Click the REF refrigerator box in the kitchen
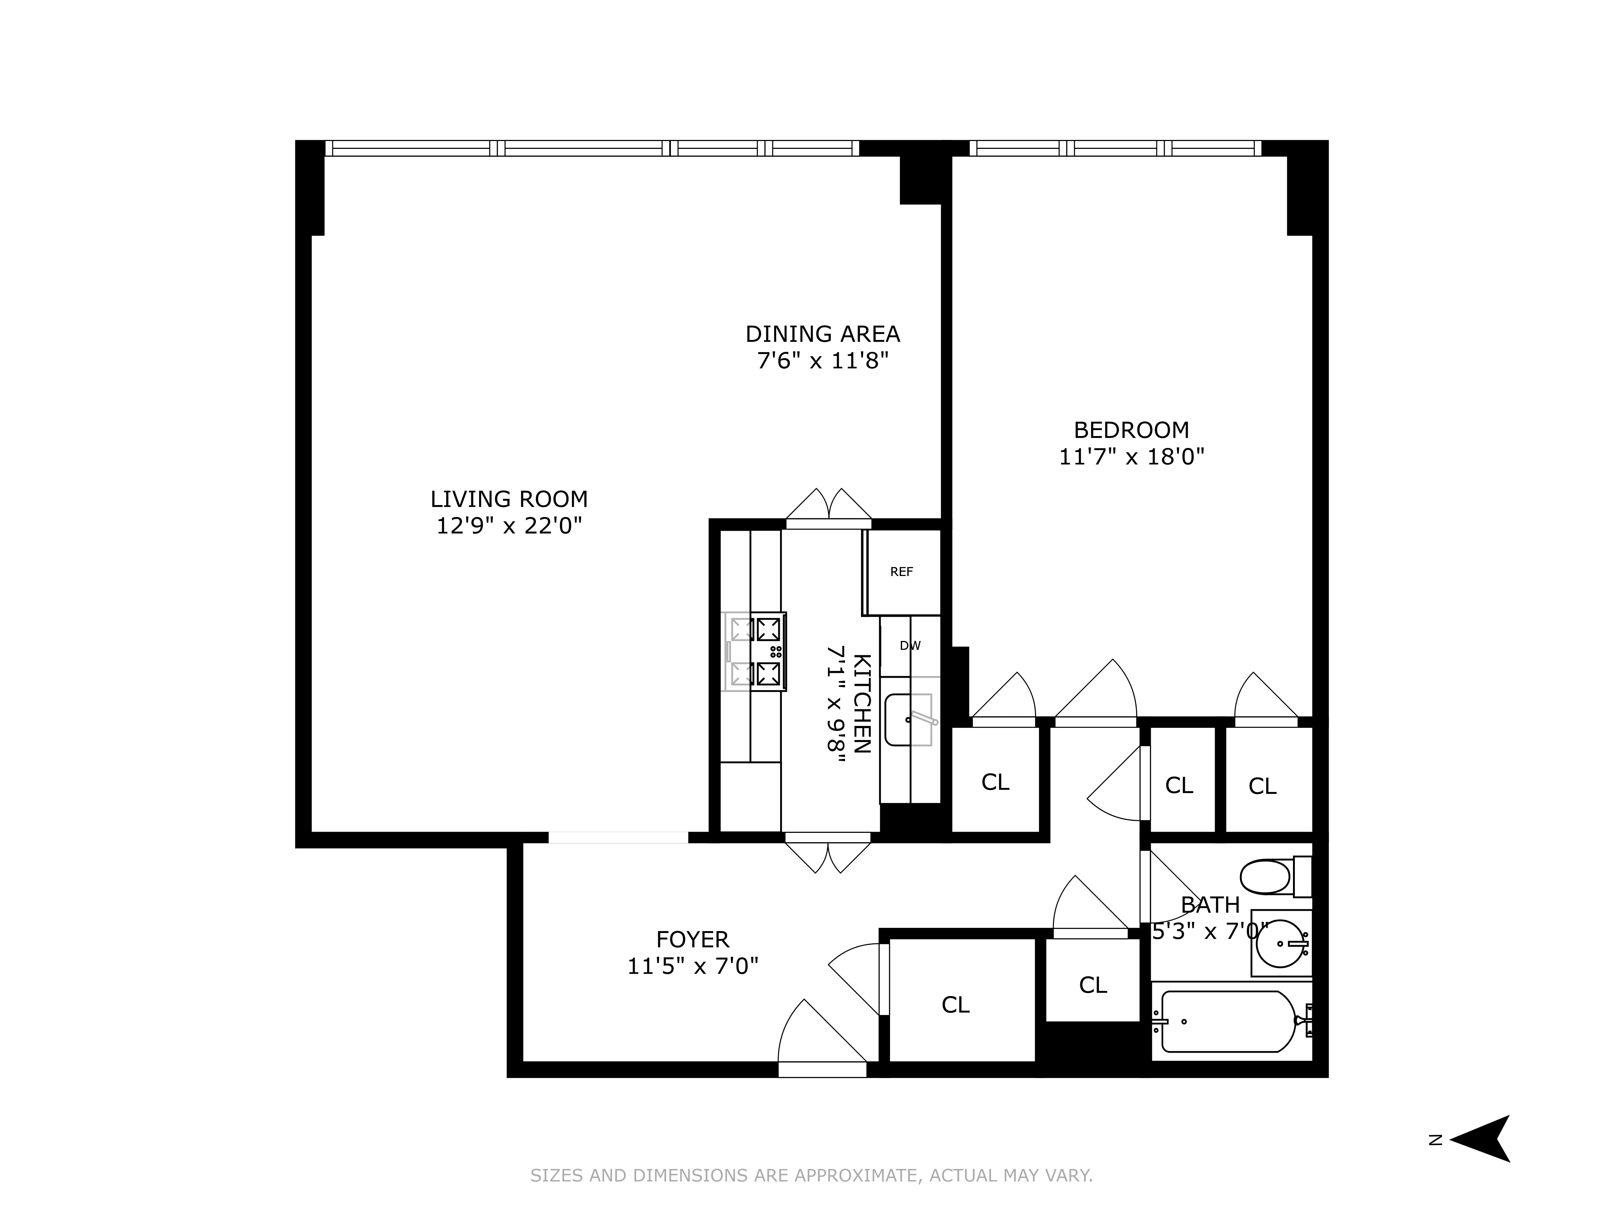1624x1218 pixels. click(902, 572)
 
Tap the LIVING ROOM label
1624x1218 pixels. click(509, 499)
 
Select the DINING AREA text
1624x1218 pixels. click(822, 334)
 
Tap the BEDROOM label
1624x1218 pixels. click(1131, 430)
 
